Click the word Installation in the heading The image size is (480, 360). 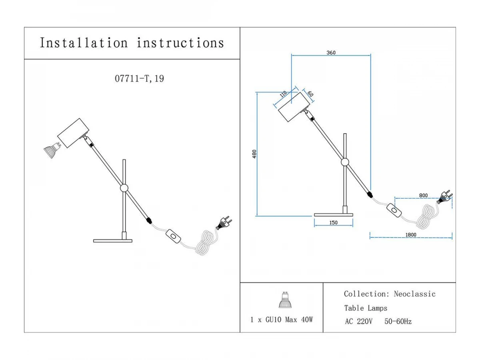[84, 43]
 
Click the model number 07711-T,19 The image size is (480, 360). [139, 78]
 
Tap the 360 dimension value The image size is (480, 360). [331, 52]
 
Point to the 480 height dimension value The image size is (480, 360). [254, 154]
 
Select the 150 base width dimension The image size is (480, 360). [334, 223]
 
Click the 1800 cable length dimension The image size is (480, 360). [411, 235]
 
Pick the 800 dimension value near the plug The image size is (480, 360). [423, 195]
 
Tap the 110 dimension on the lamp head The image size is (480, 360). [283, 94]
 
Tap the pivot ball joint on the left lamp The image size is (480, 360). [124, 188]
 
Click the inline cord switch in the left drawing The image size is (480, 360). [173, 235]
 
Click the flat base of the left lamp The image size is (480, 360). [112, 240]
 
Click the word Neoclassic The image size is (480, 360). [414, 294]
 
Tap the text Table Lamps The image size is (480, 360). [366, 308]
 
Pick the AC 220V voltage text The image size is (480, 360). [358, 321]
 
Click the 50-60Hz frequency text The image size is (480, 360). [398, 321]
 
